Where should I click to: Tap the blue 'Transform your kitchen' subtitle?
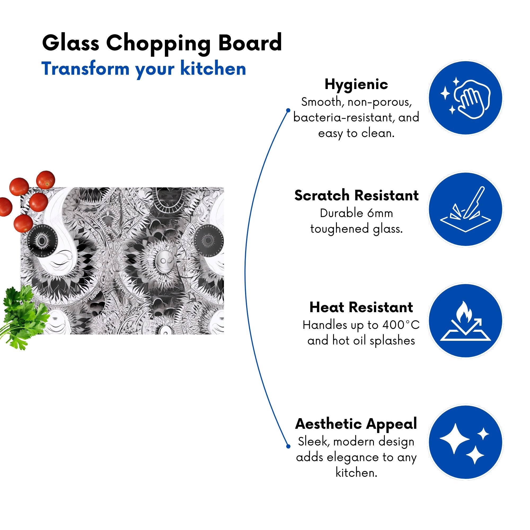[143, 69]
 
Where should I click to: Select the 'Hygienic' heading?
[356, 85]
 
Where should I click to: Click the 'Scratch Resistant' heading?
[356, 196]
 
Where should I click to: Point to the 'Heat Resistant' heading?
[361, 307]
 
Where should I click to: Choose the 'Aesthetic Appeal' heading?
[356, 424]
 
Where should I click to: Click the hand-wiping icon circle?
[466, 98]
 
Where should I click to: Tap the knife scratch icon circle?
[466, 209]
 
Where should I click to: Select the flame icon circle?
[466, 320]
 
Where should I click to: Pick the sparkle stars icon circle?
[466, 443]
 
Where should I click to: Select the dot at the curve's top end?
[288, 110]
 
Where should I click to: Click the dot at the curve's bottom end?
[288, 447]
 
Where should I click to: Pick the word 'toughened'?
[339, 229]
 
